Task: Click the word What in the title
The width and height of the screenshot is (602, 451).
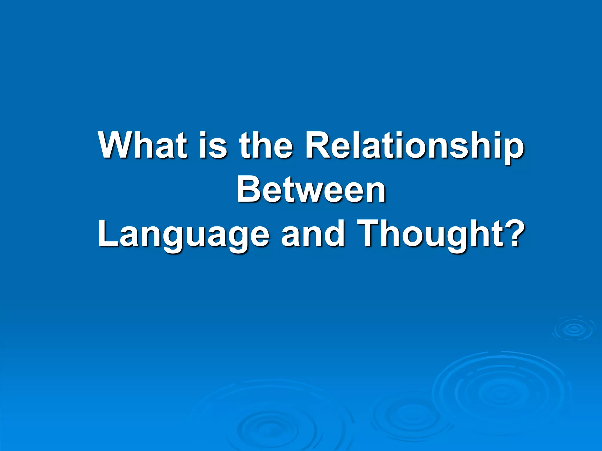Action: coord(143,145)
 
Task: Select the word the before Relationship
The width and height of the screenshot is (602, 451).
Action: coord(266,145)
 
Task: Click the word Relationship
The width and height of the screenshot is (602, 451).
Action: coord(414,145)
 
